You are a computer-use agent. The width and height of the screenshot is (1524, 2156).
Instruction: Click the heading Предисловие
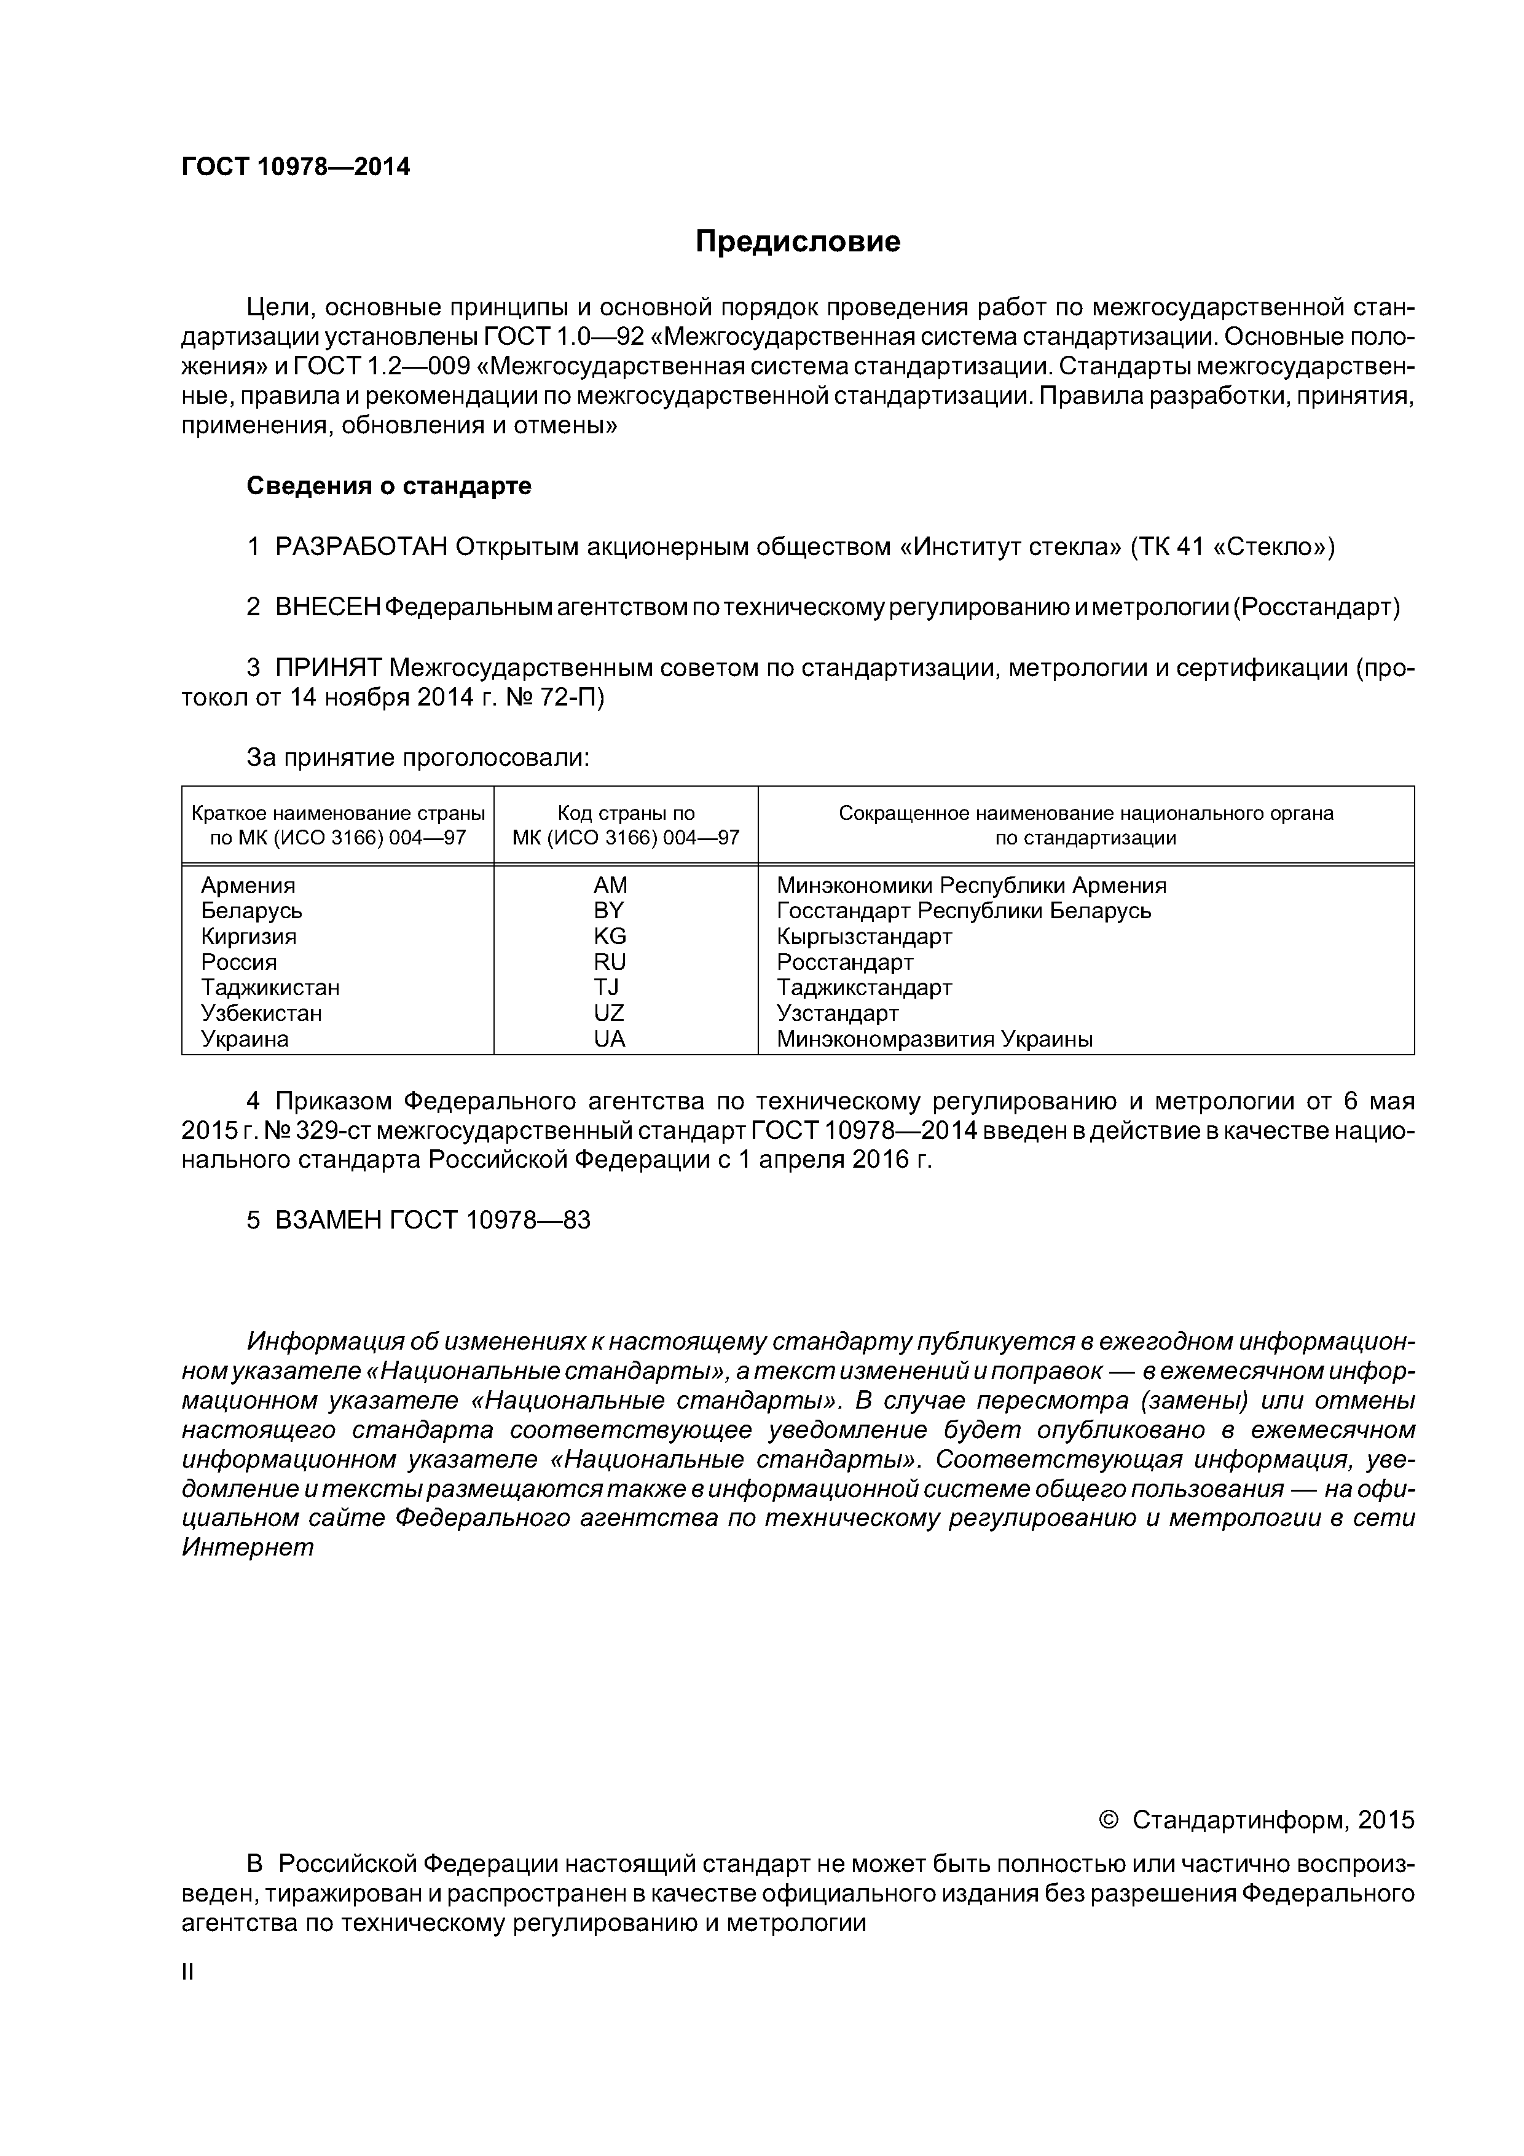(x=797, y=242)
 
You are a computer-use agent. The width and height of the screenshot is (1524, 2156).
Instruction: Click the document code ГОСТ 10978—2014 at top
(x=296, y=167)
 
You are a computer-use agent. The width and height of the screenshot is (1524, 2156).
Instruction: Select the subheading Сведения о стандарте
(x=389, y=486)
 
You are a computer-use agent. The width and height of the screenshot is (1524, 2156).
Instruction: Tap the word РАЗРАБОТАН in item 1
(x=361, y=546)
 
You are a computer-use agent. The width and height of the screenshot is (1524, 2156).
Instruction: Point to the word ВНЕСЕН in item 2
(x=328, y=608)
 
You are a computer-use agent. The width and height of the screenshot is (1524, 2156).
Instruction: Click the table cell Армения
(x=248, y=886)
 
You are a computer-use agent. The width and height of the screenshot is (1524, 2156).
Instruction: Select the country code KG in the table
(x=610, y=936)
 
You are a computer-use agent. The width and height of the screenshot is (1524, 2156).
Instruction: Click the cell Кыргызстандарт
(x=864, y=936)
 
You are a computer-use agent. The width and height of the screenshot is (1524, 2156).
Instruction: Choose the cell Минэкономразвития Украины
(x=934, y=1039)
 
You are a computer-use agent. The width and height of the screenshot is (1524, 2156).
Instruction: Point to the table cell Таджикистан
(x=270, y=988)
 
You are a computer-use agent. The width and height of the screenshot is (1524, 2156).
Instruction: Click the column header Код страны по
(x=626, y=813)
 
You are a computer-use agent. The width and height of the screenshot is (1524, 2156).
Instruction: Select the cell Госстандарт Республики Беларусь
(x=964, y=911)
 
